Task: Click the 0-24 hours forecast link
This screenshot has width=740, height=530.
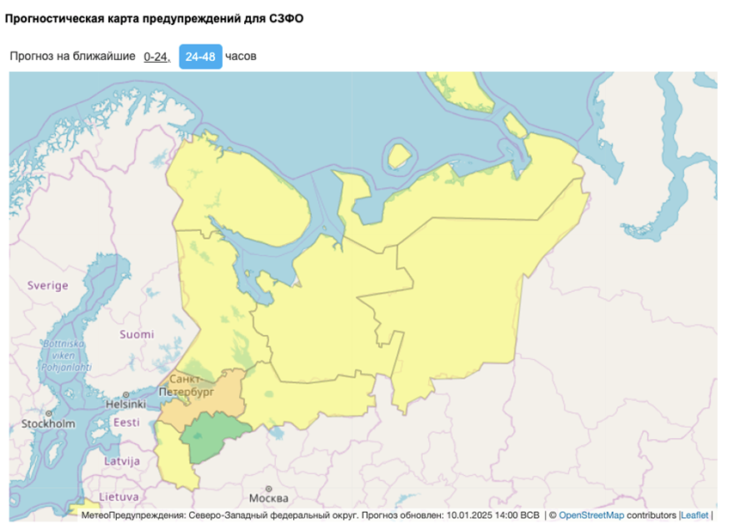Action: (x=156, y=57)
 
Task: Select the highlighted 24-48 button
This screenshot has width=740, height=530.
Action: (x=200, y=57)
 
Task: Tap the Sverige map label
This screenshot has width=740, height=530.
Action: (x=47, y=285)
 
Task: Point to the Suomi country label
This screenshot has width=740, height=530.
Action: (x=137, y=334)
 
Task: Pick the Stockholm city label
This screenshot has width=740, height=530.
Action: (x=47, y=424)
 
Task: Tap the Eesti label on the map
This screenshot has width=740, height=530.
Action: (x=126, y=423)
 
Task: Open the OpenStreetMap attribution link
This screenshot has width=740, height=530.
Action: (x=591, y=515)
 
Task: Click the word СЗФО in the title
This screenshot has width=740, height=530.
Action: (x=286, y=17)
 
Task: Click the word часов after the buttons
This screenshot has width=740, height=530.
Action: (x=241, y=57)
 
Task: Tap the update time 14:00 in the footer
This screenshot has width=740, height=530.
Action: (x=501, y=515)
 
